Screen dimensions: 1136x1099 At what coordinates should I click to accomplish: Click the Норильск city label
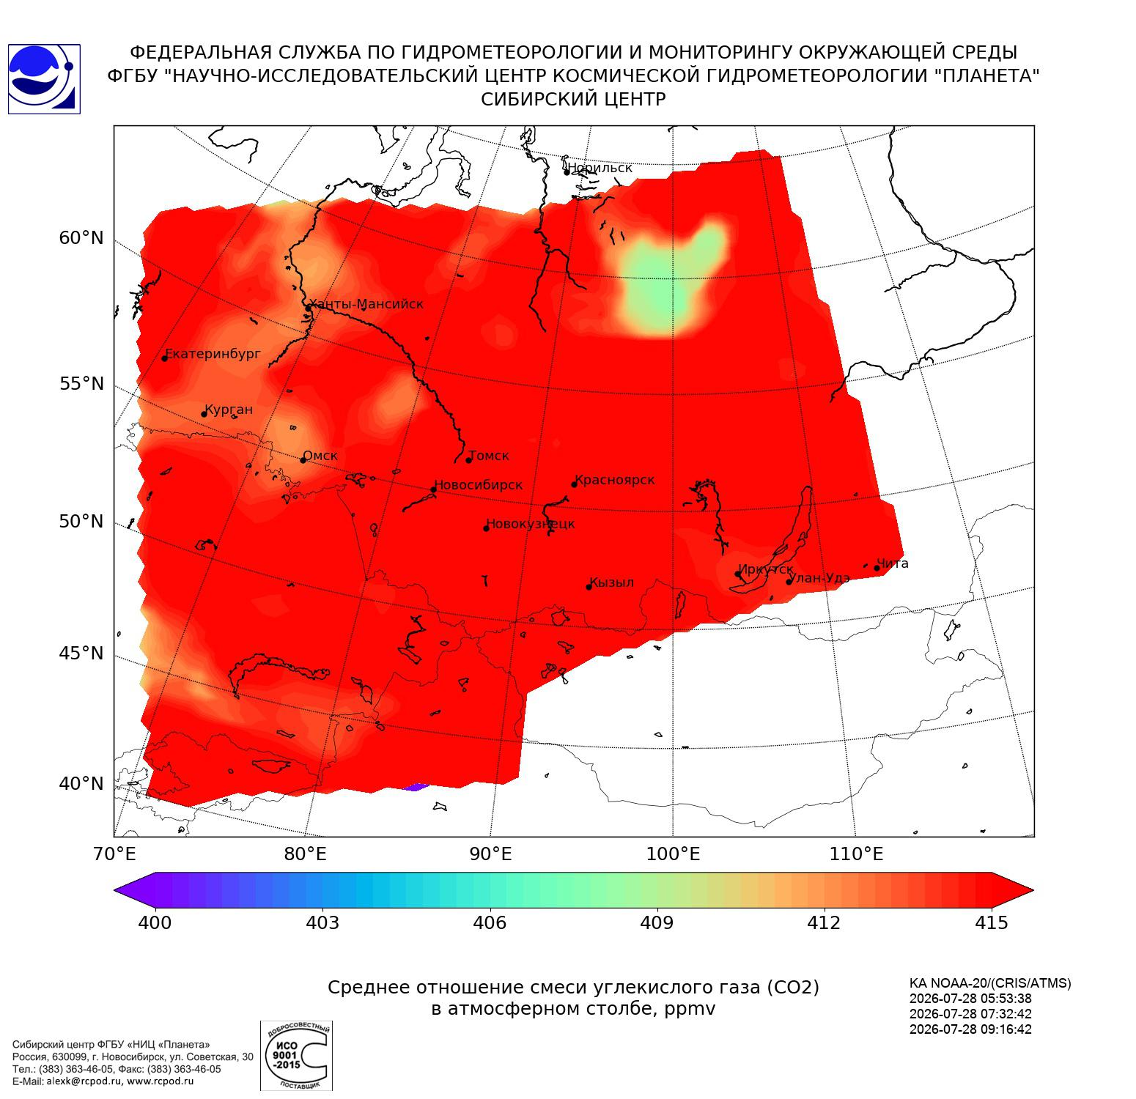coord(600,168)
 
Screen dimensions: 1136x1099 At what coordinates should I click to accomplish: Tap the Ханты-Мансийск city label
coord(366,304)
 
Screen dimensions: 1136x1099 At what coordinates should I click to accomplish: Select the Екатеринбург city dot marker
coord(165,358)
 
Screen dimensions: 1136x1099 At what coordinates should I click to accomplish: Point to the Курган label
coord(229,410)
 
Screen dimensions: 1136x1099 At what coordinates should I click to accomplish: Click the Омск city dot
coord(303,460)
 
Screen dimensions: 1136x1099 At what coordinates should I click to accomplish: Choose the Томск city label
coord(489,456)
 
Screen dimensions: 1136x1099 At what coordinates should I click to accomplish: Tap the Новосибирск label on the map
coord(479,485)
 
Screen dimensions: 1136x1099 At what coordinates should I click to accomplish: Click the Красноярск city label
coord(615,480)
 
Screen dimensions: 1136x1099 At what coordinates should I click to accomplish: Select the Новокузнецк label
coord(531,524)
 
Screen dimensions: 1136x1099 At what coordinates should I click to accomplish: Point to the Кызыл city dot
coord(589,586)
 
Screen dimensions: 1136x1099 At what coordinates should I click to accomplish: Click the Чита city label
coord(893,563)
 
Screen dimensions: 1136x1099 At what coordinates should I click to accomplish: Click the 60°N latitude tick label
coord(81,238)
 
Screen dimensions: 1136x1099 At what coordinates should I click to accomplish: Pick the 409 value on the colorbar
coord(657,922)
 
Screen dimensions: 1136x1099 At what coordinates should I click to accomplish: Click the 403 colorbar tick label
coord(322,922)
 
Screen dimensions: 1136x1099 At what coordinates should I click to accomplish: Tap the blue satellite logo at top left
coord(44,79)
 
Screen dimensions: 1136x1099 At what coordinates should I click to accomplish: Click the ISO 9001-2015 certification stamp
coord(296,1055)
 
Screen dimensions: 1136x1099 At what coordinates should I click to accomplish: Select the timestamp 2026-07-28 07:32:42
coord(970,1014)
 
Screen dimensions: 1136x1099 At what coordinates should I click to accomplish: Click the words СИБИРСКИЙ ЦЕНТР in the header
coord(573,100)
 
